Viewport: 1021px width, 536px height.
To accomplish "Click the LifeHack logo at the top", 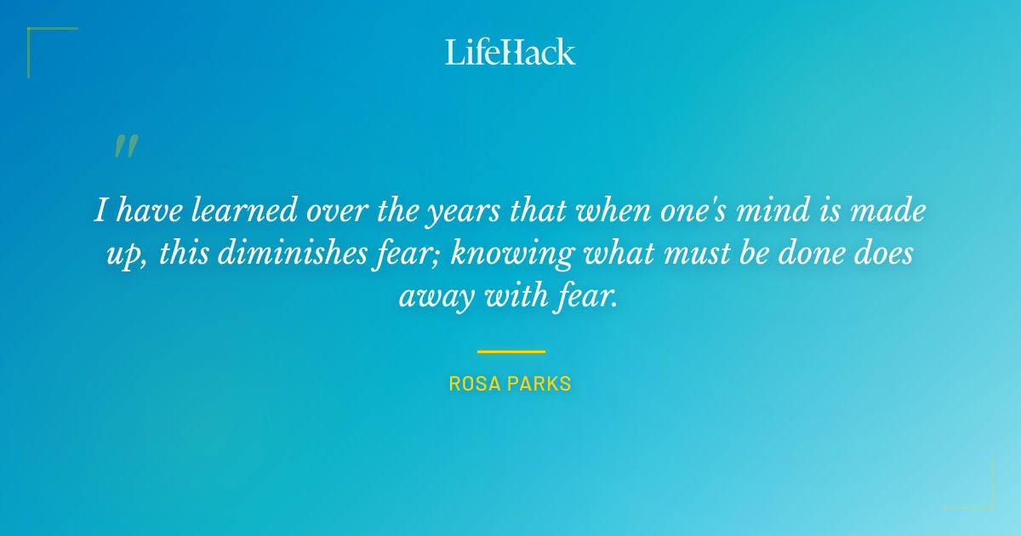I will [510, 52].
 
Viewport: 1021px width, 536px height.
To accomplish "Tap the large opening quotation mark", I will [125, 146].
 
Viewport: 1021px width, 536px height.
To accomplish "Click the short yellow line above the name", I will [510, 351].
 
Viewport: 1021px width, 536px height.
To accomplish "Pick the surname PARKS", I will [539, 384].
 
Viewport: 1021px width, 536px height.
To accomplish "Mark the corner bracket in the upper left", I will [38, 38].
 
